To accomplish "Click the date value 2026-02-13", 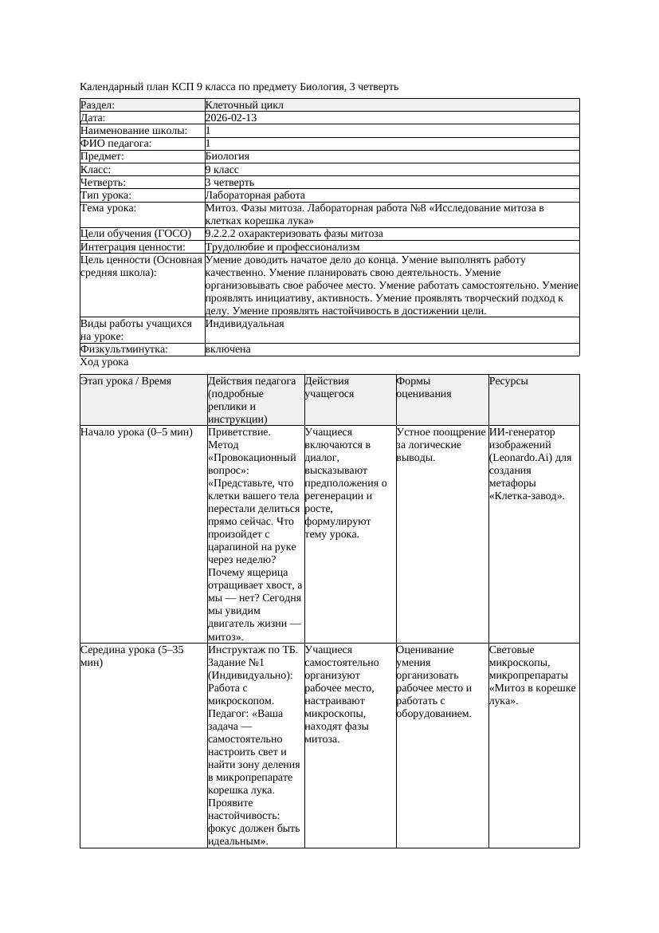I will pos(230,118).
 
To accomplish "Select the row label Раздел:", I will pos(98,105).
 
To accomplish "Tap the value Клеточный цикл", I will pos(244,105).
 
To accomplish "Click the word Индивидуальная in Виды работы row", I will pos(244,324).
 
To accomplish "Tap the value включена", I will pos(228,349).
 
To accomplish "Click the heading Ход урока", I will pos(104,362).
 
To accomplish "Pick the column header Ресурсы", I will pos(508,381).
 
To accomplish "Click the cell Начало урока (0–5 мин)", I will pos(136,432).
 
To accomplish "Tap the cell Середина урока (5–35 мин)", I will pos(132,656).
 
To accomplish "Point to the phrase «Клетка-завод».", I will pos(527,496).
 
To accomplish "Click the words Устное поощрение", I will pos(441,432).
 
